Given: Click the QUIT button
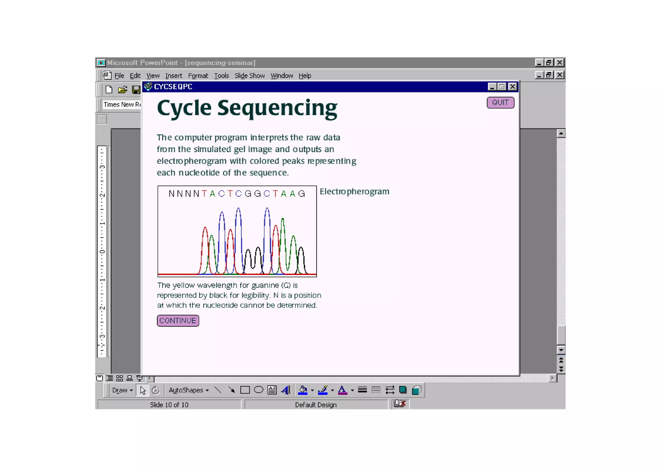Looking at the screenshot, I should pos(500,103).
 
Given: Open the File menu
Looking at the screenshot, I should pos(119,76).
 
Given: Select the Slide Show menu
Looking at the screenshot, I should pos(249,76).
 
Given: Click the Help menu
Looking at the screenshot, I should pos(305,76).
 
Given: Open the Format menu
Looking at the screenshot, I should pos(198,76).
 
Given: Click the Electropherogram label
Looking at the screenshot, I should pos(354,192).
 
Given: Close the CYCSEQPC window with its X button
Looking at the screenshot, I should pos(512,87).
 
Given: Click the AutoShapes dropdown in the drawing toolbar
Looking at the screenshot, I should pos(189,390).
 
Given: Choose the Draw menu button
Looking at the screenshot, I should pos(122,390).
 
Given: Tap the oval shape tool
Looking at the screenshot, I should pos(258,390).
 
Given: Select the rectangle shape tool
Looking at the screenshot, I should pos(245,390).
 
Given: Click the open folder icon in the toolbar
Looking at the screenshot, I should pos(122,90).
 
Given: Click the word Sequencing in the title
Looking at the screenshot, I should pos(277,108).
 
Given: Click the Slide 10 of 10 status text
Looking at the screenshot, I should pos(169,405).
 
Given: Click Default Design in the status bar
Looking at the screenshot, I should pos(316,405).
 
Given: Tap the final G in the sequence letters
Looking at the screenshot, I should pos(302,194).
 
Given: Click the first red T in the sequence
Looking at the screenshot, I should pos(204,194).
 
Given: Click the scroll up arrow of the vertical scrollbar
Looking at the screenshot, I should pos(561,133).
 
